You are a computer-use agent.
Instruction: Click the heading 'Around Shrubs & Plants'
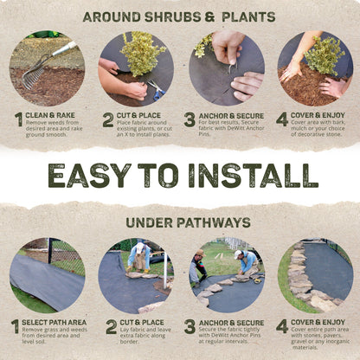[180, 16]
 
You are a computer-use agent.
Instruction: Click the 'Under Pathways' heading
[180, 222]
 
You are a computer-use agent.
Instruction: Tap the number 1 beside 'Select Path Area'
[15, 326]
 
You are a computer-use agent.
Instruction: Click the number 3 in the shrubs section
[190, 119]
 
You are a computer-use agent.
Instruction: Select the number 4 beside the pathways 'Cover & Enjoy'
[282, 326]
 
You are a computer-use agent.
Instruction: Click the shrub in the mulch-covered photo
[324, 56]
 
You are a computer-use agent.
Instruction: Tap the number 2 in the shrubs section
[108, 119]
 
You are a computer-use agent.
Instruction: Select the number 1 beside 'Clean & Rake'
[17, 119]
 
